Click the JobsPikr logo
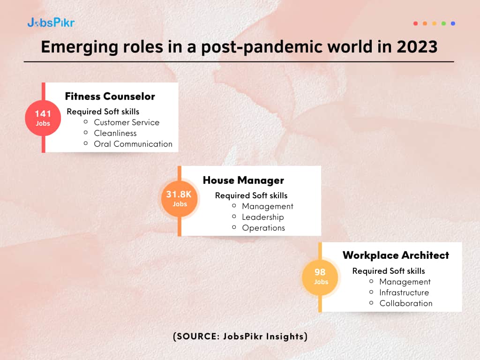point(51,22)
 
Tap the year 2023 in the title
point(417,47)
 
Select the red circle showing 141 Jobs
point(43,118)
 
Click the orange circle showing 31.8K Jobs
point(180,199)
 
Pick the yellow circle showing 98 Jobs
point(320,277)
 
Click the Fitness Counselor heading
point(110,97)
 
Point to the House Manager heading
point(243,180)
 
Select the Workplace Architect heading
point(396,255)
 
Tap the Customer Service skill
point(127,122)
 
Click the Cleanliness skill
point(115,133)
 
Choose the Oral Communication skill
point(133,144)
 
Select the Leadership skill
point(263,217)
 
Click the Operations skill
point(263,228)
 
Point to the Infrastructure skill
point(404,292)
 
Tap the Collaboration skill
point(406,303)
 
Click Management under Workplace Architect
point(405,282)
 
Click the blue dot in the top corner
point(453,23)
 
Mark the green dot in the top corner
point(443,23)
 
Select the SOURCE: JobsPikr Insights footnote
point(240,337)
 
